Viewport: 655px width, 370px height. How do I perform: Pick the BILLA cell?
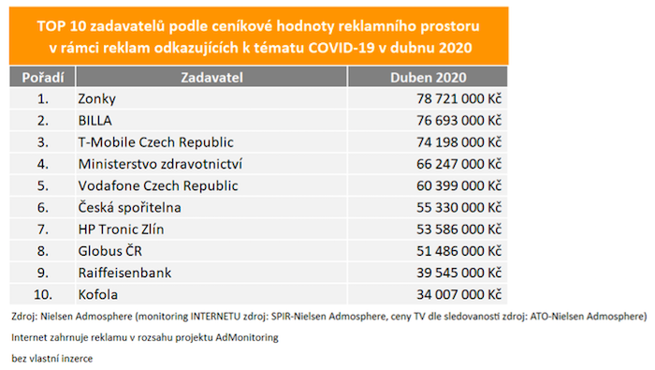click(x=96, y=119)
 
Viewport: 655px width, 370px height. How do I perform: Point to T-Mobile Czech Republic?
click(x=155, y=141)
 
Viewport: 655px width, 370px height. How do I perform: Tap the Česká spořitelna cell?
click(x=130, y=207)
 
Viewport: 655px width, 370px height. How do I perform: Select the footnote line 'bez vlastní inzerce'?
click(x=52, y=357)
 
